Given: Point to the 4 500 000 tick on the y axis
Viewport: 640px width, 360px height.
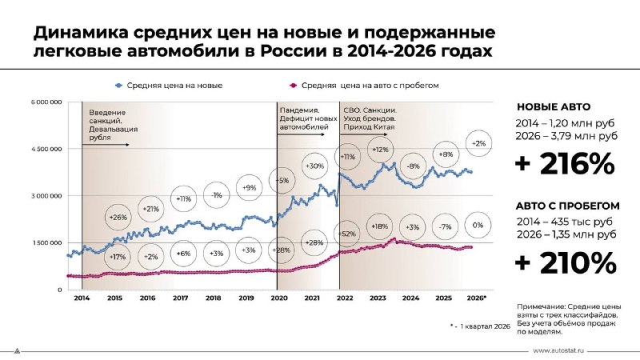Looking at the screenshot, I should click(47, 149).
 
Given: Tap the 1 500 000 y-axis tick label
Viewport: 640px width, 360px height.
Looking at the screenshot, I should click(47, 242).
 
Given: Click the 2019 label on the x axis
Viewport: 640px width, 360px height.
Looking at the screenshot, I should click(246, 298).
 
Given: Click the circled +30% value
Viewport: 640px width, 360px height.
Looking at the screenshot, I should click(314, 166).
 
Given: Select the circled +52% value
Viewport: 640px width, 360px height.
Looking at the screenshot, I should click(348, 234).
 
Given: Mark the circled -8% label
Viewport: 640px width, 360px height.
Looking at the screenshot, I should click(413, 166).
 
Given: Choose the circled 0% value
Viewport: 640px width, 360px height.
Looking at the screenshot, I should click(477, 226).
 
